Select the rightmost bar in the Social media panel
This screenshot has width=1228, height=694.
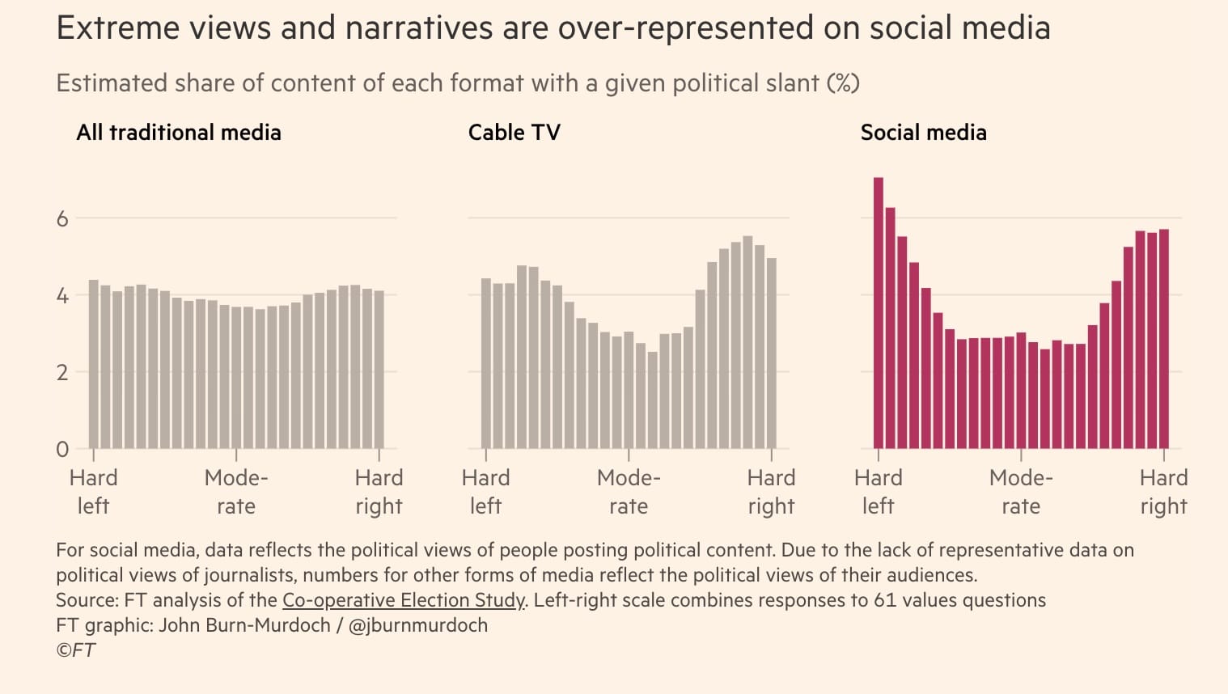pos(1164,340)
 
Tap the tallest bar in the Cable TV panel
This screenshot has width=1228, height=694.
pos(747,343)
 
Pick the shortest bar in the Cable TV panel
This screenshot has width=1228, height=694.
pos(653,400)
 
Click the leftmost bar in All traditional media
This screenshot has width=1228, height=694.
pos(94,365)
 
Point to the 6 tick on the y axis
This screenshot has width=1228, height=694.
pos(62,218)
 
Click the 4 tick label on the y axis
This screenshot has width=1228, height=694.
pos(62,295)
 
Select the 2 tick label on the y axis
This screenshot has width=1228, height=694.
pos(62,372)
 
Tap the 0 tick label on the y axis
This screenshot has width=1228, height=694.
pos(62,449)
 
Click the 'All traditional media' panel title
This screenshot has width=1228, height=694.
pos(179,133)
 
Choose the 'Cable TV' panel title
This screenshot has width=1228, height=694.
pos(514,133)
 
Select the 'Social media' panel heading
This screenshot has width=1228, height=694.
pos(923,133)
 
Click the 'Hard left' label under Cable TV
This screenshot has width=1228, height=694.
pos(485,492)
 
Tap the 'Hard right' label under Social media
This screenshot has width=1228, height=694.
pos(1163,492)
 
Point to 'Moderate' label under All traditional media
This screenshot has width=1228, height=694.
pos(236,492)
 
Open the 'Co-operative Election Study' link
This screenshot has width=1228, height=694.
pos(404,600)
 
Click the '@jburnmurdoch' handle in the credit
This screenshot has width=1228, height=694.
pos(417,625)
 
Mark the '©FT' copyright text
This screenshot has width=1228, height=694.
pos(75,650)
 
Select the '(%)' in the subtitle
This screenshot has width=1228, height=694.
pos(842,83)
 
